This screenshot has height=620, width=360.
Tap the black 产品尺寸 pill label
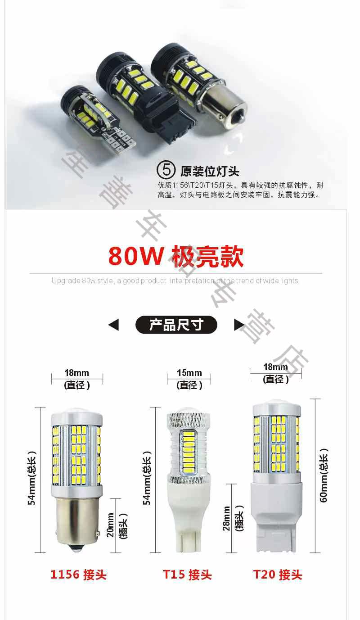[x=176, y=325]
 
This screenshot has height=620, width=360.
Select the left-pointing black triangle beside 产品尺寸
[x=114, y=325]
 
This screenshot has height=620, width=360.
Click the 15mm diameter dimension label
[x=189, y=373]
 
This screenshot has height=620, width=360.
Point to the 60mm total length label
[x=324, y=475]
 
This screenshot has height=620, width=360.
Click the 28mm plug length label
[x=226, y=518]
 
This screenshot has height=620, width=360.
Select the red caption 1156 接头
[x=78, y=575]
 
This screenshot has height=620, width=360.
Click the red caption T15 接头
[x=187, y=575]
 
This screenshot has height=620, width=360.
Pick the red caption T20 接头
[x=278, y=575]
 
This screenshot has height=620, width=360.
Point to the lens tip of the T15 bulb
[x=189, y=411]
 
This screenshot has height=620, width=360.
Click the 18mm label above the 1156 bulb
[x=76, y=373]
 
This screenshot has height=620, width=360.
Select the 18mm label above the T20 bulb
[x=275, y=367]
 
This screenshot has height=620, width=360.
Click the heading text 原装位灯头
[x=210, y=172]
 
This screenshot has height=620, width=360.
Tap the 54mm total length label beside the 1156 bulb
[x=31, y=477]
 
